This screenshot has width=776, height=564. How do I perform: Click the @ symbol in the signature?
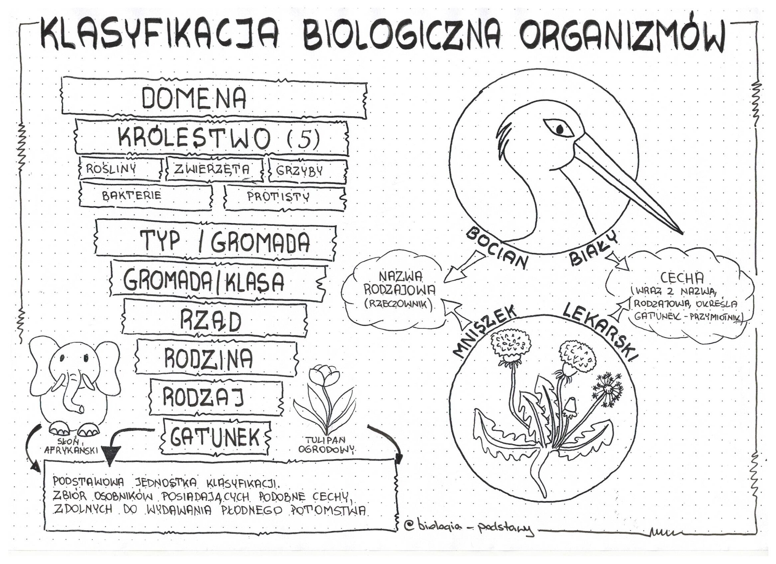pos(408,526)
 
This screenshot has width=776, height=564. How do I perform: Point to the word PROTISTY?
pos(278,196)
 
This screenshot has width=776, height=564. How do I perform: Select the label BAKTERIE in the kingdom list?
pos(132,195)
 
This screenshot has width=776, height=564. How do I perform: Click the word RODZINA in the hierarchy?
pos(209,358)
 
